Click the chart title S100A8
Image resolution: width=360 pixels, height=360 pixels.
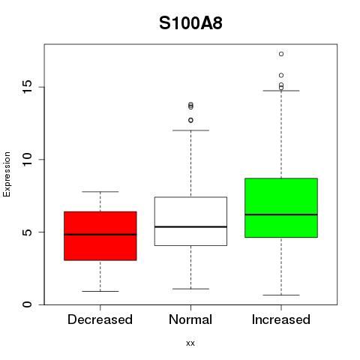[x=190, y=23]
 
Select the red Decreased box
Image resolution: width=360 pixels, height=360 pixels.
[x=100, y=236]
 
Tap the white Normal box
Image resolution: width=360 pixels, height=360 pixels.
[x=190, y=221]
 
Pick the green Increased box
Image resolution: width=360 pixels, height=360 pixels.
[x=281, y=208]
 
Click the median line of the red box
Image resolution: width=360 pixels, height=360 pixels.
[x=100, y=235]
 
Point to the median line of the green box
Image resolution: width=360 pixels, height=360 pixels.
[x=281, y=214]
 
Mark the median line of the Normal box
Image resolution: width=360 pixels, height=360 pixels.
[x=190, y=226]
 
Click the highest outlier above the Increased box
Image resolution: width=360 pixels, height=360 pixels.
[x=281, y=54]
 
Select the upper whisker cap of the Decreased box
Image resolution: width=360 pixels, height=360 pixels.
[x=100, y=192]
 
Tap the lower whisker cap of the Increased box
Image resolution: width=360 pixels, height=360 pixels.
[x=281, y=295]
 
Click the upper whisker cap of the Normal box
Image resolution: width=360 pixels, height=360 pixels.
[x=190, y=130]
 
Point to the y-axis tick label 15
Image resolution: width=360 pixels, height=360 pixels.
[x=28, y=87]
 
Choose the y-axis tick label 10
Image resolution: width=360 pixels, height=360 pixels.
[x=28, y=160]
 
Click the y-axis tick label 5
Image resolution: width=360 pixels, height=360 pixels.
[x=28, y=232]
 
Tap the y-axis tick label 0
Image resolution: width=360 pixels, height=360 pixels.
[x=28, y=304]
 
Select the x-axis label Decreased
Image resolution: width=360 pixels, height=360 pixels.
[x=100, y=319]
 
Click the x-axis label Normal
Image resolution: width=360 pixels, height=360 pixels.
[x=190, y=319]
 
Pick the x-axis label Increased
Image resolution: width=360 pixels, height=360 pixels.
[x=281, y=319]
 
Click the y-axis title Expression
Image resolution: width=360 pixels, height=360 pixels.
[x=7, y=174]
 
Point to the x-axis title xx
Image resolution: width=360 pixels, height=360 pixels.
[x=190, y=343]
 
